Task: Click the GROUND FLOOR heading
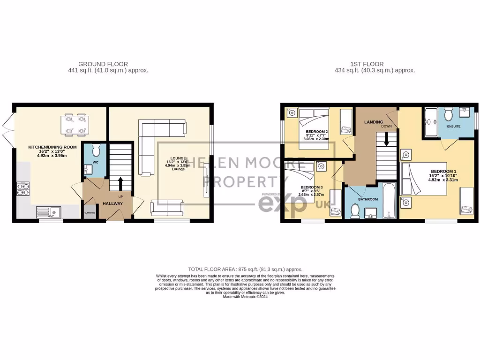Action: click(x=103, y=64)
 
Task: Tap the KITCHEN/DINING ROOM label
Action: click(x=52, y=147)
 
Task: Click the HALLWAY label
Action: click(x=112, y=203)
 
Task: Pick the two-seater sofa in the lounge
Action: click(x=167, y=207)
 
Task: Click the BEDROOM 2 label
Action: click(x=317, y=131)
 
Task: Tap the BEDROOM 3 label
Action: click(x=312, y=187)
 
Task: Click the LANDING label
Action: click(x=374, y=122)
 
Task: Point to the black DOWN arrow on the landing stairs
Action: click(x=387, y=139)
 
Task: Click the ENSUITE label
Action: click(x=453, y=127)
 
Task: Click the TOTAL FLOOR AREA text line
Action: click(x=245, y=270)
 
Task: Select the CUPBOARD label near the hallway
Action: click(x=90, y=213)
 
